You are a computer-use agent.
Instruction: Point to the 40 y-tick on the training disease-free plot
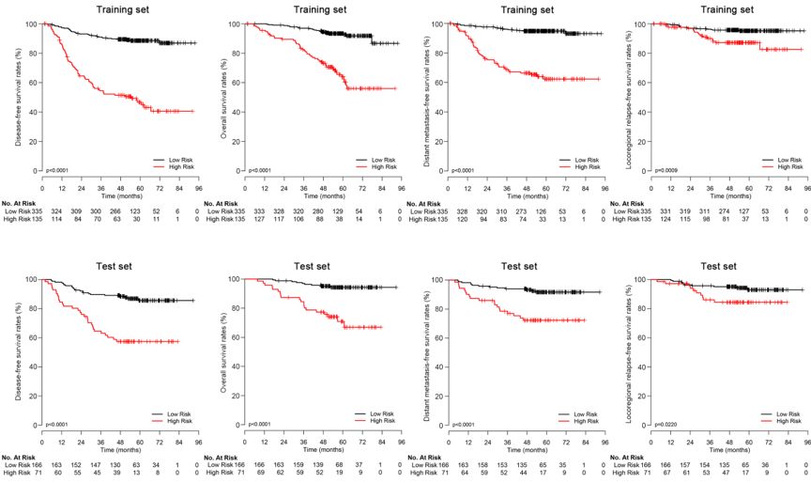(x=34, y=113)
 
